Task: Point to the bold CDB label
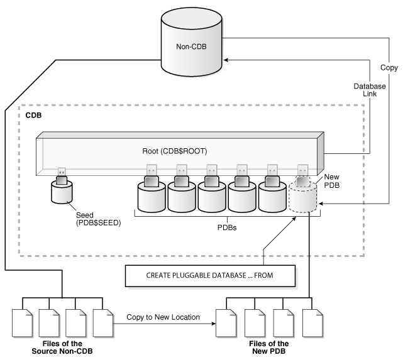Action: [x=33, y=116]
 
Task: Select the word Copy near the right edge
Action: [x=389, y=66]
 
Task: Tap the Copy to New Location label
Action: [x=163, y=317]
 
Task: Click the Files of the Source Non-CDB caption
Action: [x=58, y=347]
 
